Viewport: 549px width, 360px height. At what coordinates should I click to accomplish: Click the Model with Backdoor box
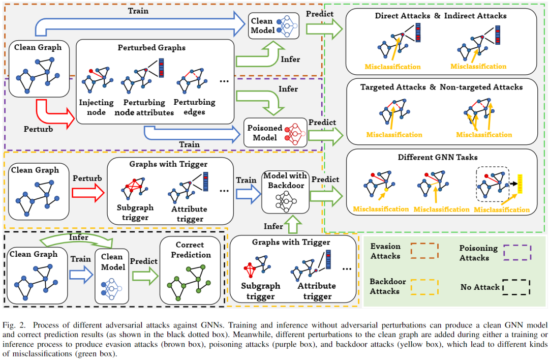[x=285, y=192]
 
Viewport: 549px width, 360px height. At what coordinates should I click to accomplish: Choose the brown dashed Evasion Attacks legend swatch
[x=425, y=251]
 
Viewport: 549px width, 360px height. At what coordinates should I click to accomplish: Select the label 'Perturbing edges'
[x=195, y=107]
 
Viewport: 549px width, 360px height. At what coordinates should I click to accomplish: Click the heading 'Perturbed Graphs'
[x=151, y=48]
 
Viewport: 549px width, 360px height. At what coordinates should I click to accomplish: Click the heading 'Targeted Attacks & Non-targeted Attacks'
[x=441, y=87]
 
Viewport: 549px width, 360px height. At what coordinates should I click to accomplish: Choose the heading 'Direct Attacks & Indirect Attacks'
[x=441, y=16]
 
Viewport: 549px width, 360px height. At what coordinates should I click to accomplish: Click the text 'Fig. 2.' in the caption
[x=14, y=324]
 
